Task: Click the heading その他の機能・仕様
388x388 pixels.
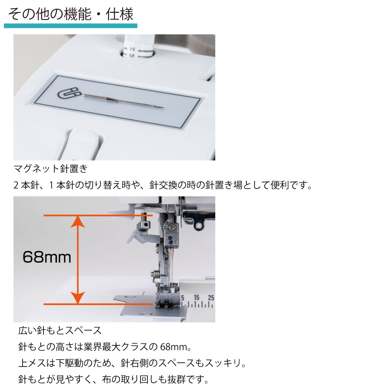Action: coord(71,14)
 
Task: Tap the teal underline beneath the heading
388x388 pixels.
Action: coord(71,26)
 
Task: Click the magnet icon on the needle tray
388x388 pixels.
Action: coord(69,93)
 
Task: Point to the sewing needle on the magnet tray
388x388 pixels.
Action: coord(123,101)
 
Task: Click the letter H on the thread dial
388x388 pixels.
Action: coord(132,49)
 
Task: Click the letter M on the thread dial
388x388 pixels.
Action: coord(132,56)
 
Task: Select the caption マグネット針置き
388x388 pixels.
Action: coord(50,169)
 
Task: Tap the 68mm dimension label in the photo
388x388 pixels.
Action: coord(47,257)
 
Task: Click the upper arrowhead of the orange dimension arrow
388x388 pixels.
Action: coord(78,222)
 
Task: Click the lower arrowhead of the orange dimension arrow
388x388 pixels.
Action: coord(78,298)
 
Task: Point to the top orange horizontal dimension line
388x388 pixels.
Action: coord(98,215)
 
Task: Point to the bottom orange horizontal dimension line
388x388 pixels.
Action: coord(98,304)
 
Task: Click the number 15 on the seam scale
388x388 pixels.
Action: coord(196,298)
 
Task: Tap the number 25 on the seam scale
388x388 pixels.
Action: coord(211,298)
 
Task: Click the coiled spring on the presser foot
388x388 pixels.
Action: coord(155,274)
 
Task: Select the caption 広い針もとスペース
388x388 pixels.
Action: coord(60,331)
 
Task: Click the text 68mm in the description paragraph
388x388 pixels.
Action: coord(174,347)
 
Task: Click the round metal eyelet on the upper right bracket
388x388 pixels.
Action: coord(198,226)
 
